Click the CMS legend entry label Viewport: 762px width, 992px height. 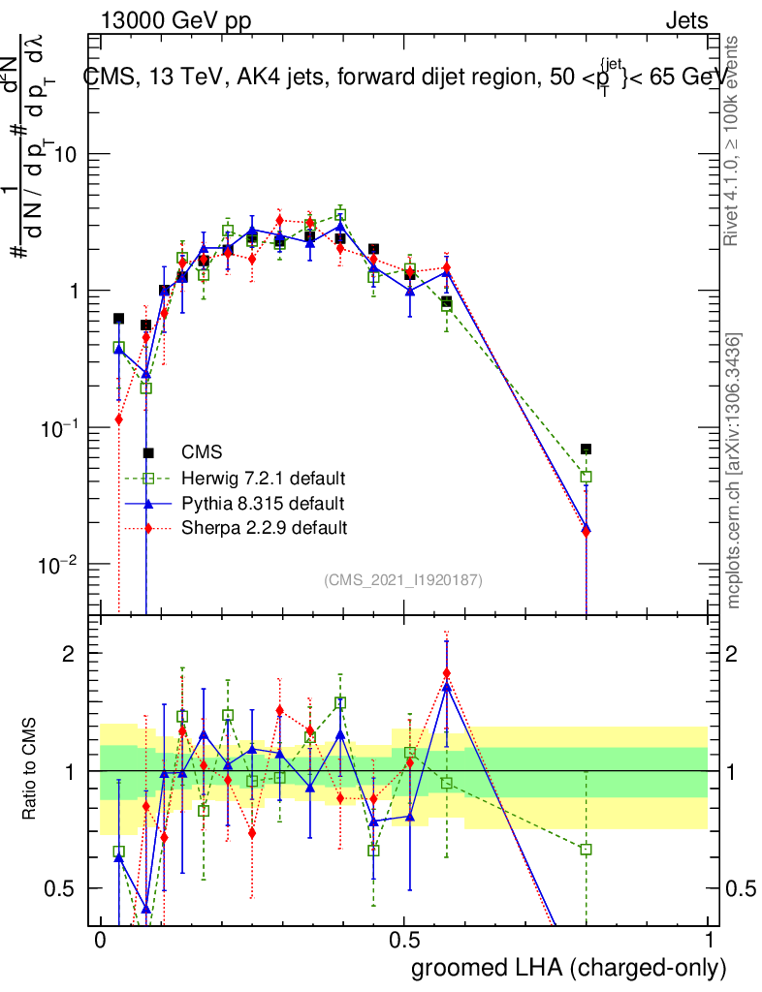tap(202, 451)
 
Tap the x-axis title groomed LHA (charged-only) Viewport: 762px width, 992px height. tap(570, 968)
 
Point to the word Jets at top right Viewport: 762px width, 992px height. tap(685, 20)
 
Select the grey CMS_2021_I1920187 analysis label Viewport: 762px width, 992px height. tap(403, 579)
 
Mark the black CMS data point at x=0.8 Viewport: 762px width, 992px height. tap(586, 449)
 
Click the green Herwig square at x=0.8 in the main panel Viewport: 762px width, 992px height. tap(586, 477)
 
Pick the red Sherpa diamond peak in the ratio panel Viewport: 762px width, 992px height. tap(447, 673)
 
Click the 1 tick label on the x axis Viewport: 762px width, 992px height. tap(709, 941)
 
